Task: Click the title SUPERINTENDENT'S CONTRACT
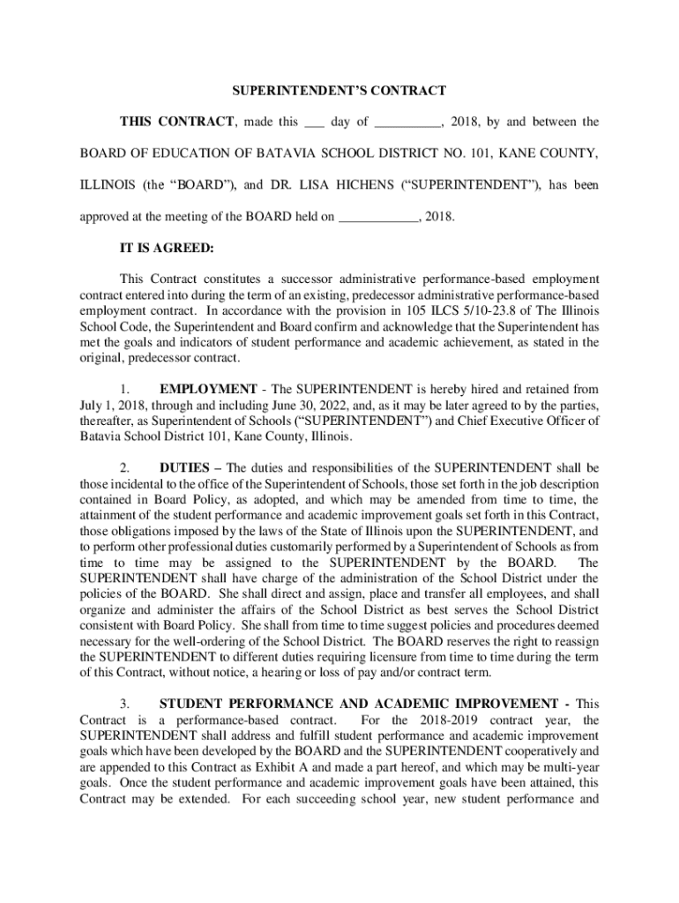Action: point(339,90)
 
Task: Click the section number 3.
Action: point(125,704)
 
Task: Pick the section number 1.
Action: point(125,389)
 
